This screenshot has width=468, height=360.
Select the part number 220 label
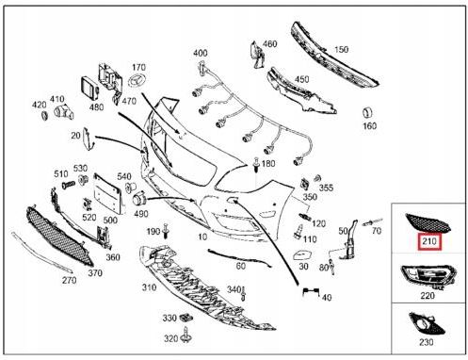(x=428, y=294)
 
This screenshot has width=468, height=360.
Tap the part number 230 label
(x=428, y=343)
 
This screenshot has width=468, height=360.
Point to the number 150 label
(x=340, y=49)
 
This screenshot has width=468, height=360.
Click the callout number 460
(x=269, y=44)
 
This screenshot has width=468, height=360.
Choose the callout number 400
(x=201, y=53)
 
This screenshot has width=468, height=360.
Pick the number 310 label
(x=150, y=287)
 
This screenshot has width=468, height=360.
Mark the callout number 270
(x=69, y=280)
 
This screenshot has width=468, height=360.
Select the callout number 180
(x=268, y=164)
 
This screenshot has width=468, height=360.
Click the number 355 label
(x=327, y=188)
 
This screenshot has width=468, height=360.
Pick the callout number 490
(x=140, y=215)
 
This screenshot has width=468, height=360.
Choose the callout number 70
(x=377, y=231)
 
